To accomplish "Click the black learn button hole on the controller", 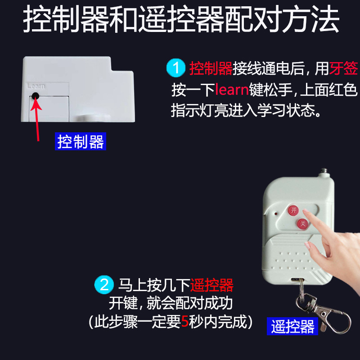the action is pyautogui.click(x=35, y=96).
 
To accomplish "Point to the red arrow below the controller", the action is pyautogui.click(x=36, y=119).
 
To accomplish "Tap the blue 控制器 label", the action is pyautogui.click(x=81, y=141).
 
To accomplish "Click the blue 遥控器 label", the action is pyautogui.click(x=292, y=326).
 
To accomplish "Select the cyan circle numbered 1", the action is pyautogui.click(x=176, y=68).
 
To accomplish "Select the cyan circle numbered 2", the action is pyautogui.click(x=104, y=285).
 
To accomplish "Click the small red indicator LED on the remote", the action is pyautogui.click(x=276, y=214).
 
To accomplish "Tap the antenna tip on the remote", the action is pyautogui.click(x=324, y=171).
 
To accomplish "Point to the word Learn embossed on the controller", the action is pyautogui.click(x=36, y=86).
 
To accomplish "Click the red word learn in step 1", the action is pyautogui.click(x=232, y=90).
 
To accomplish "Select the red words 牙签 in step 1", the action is pyautogui.click(x=343, y=68).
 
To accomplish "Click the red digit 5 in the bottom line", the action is pyautogui.click(x=185, y=321).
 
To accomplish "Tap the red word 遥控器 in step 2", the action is pyautogui.click(x=211, y=285).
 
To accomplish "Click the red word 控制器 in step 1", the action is pyautogui.click(x=211, y=68).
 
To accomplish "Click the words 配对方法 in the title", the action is pyautogui.click(x=282, y=19).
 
